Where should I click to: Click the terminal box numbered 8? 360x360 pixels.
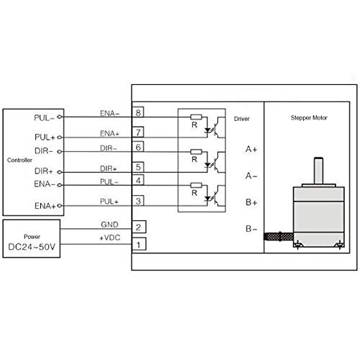click(x=138, y=112)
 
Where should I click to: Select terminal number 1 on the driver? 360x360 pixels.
click(x=139, y=244)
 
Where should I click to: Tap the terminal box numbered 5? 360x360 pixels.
click(x=138, y=167)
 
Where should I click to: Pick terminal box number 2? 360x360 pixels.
click(x=139, y=227)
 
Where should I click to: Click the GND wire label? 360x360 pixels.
click(x=109, y=225)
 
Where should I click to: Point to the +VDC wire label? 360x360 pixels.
click(x=109, y=238)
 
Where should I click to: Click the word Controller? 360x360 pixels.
click(x=19, y=160)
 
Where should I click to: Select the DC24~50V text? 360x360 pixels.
click(x=32, y=247)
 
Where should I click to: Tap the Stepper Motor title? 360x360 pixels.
click(x=309, y=118)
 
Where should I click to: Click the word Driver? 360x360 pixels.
click(x=242, y=119)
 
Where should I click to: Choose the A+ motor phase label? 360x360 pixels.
click(x=251, y=149)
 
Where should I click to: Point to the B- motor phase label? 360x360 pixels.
click(x=251, y=229)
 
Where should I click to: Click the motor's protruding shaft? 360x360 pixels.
click(x=318, y=171)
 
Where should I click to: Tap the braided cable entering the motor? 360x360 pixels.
click(x=279, y=237)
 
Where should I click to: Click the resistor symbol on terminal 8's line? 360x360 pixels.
click(x=196, y=117)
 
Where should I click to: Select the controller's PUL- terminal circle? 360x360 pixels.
click(x=60, y=117)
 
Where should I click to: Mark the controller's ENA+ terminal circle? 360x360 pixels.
click(x=60, y=206)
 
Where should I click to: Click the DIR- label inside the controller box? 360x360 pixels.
click(x=44, y=151)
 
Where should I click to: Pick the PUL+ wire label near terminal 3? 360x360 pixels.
click(x=109, y=202)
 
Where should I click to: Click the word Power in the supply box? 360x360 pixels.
click(x=32, y=237)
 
